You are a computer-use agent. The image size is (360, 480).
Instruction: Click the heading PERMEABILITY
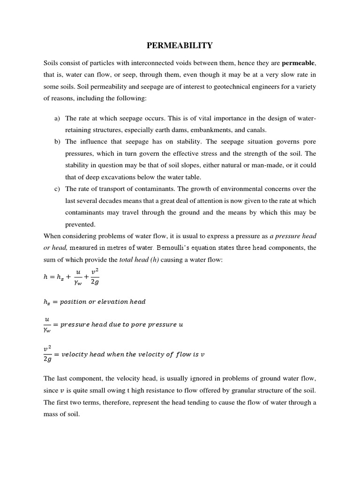180,45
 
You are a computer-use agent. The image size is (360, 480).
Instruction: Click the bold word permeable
296,62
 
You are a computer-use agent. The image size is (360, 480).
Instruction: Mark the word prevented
80,224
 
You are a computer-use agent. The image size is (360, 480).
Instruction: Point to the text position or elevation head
103,301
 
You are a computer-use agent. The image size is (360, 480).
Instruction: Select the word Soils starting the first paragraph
52,62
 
